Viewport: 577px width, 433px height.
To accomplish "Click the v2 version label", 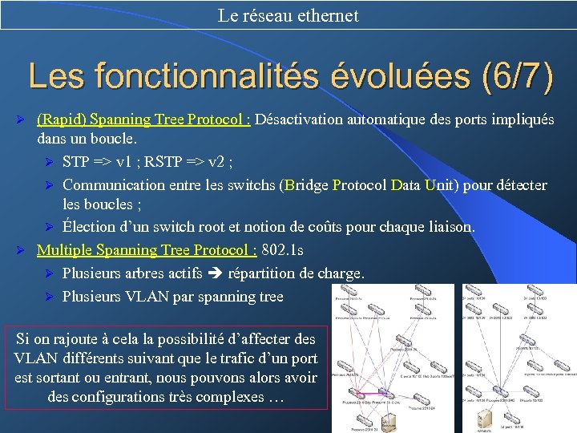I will click(218, 162).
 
